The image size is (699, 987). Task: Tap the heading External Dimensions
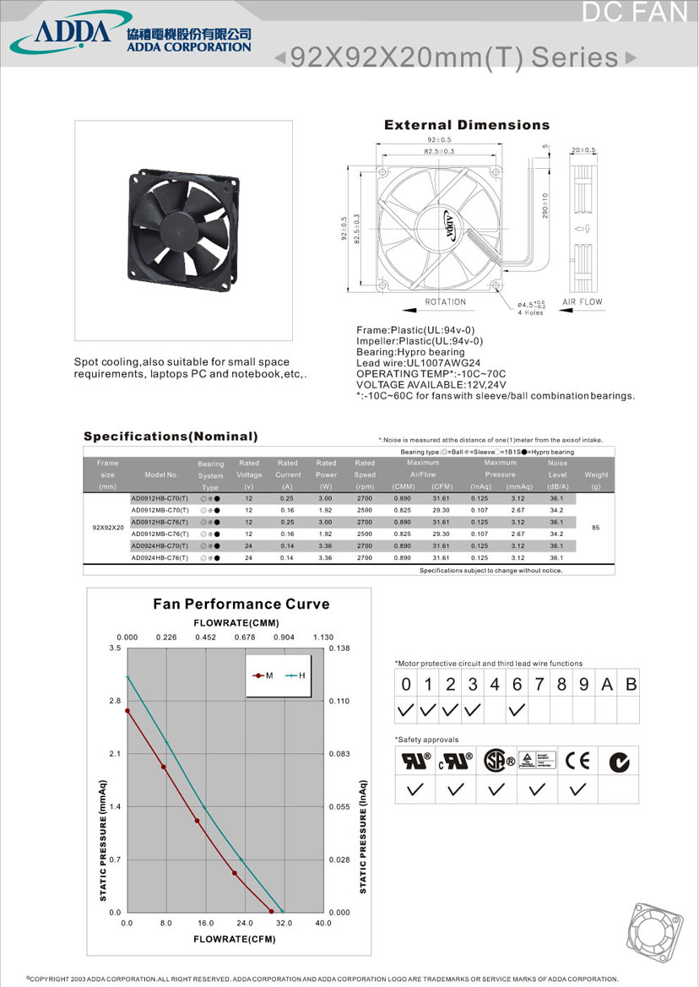click(x=466, y=125)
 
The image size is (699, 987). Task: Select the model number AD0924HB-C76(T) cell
click(x=160, y=558)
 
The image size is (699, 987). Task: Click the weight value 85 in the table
click(x=595, y=528)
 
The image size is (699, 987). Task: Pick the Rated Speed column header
click(x=365, y=475)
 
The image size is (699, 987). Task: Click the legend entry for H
click(x=296, y=675)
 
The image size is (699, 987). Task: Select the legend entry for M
click(x=263, y=675)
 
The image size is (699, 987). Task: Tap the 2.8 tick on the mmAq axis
click(x=115, y=701)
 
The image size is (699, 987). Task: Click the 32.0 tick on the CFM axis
click(x=284, y=924)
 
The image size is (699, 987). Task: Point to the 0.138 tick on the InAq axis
click(x=340, y=648)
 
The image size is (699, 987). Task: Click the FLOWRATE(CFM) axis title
click(x=234, y=939)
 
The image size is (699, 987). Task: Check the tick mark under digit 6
click(x=517, y=710)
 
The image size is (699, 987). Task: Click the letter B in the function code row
click(x=630, y=684)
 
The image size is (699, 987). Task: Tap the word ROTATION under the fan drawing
click(x=445, y=301)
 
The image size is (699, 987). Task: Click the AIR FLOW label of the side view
click(x=582, y=301)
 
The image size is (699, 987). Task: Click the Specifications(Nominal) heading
click(x=171, y=437)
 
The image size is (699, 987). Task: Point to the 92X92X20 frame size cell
click(x=107, y=528)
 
